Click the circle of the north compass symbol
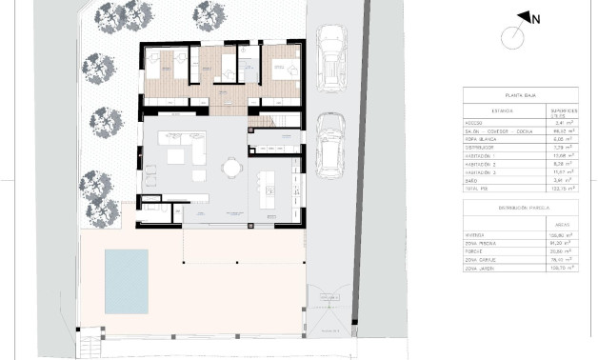513,38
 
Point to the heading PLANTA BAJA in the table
522,96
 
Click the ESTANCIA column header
488,111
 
